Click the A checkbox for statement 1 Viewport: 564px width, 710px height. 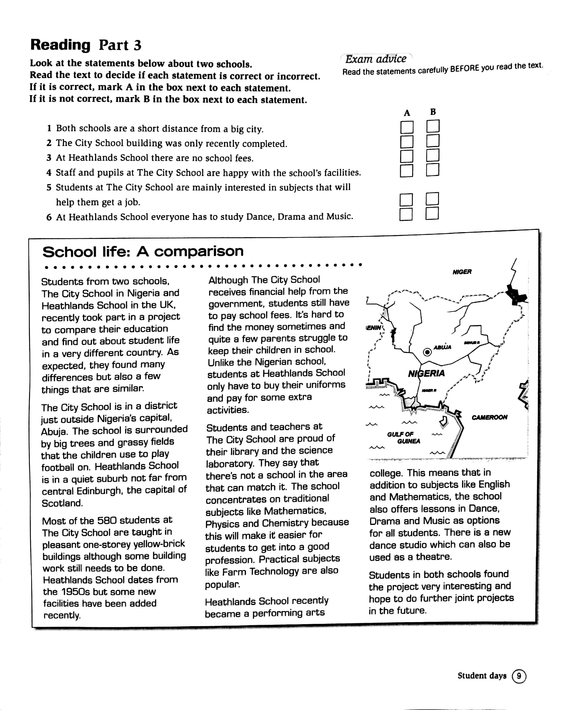(407, 127)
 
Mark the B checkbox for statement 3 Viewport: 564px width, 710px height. (433, 155)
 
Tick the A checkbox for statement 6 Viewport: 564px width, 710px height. (406, 214)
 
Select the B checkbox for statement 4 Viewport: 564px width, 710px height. (433, 170)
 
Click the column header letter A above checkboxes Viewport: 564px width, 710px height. (407, 113)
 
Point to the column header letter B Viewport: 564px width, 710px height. (433, 112)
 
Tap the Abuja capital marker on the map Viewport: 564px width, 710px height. (427, 352)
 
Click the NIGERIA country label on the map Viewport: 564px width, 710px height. (426, 373)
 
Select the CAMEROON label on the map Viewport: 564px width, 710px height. (489, 417)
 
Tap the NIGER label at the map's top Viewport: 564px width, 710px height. (462, 272)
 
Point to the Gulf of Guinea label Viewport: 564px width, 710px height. (404, 438)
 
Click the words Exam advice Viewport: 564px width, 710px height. (376, 59)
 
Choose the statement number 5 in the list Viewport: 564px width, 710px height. (49, 187)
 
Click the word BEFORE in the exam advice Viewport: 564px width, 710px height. (465, 68)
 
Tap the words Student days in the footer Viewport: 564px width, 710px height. (482, 676)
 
